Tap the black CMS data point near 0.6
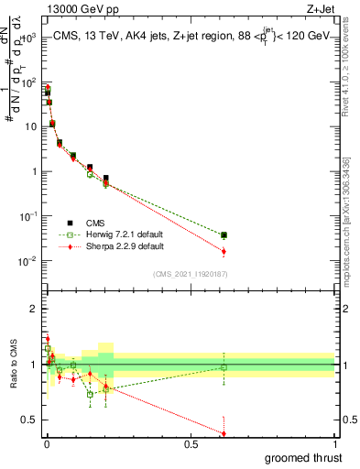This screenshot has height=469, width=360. coord(224,235)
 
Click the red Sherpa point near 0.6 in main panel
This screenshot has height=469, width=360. coord(224,252)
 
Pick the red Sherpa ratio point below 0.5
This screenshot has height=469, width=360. coord(224,432)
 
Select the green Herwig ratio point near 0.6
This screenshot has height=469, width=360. coord(224,367)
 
